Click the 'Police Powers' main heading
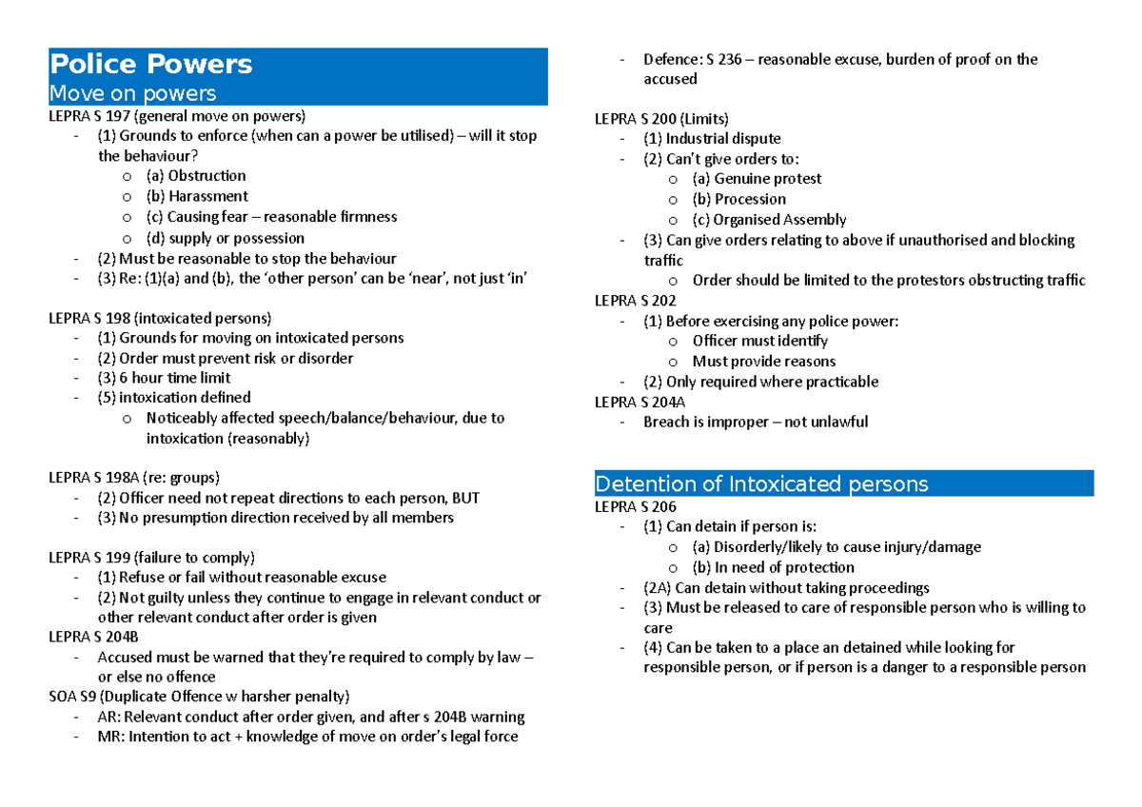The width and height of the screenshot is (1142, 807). tap(150, 65)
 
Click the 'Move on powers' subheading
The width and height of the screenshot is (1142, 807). tap(132, 93)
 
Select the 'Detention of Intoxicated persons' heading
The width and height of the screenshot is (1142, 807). tap(760, 484)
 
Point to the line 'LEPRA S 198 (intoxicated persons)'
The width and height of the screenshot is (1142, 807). tap(160, 318)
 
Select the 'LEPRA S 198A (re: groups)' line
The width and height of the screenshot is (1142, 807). tap(134, 478)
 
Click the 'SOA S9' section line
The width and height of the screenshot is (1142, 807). tap(199, 696)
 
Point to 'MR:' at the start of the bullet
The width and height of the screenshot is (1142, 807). tap(110, 737)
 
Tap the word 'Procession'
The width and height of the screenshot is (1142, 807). tap(750, 200)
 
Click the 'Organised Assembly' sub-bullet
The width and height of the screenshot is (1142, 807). tap(779, 220)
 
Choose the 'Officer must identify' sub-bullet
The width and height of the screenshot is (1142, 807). tap(759, 341)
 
